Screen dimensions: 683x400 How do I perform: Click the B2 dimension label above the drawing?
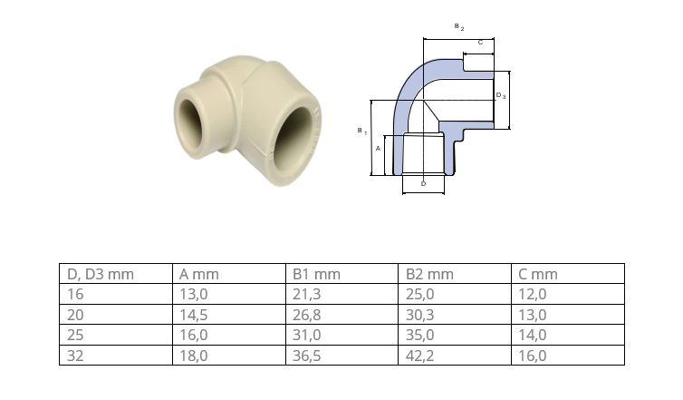pyautogui.click(x=459, y=27)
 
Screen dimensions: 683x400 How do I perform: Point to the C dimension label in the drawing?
pyautogui.click(x=480, y=43)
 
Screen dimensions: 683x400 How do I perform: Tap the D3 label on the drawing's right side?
pyautogui.click(x=501, y=95)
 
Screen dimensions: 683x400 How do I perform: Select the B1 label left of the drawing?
pyautogui.click(x=362, y=131)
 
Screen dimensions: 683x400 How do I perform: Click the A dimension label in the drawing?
pyautogui.click(x=378, y=149)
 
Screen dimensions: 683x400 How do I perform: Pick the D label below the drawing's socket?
pyautogui.click(x=423, y=183)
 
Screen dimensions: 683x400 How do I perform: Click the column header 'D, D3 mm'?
pyautogui.click(x=101, y=274)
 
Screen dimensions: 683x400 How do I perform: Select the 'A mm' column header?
pyautogui.click(x=199, y=274)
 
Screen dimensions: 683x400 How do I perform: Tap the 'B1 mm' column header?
pyautogui.click(x=316, y=274)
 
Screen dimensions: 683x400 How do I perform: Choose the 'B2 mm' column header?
pyautogui.click(x=429, y=274)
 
